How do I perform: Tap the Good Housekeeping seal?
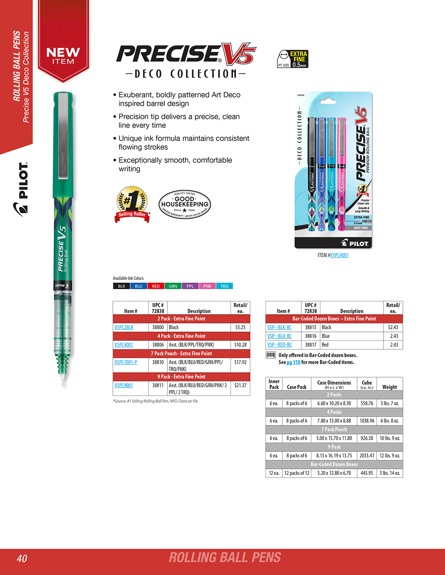[x=185, y=204]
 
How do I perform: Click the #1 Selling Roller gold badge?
[x=133, y=204]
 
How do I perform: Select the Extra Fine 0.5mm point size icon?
[x=293, y=59]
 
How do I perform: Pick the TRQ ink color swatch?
[x=225, y=286]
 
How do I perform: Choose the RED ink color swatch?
[x=156, y=286]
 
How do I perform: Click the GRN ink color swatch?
[x=173, y=286]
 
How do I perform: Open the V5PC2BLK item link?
[x=124, y=327]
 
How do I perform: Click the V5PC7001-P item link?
[x=126, y=362]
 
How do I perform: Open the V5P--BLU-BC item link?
[x=279, y=336]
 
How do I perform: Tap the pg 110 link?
[x=293, y=362]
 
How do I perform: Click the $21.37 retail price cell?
[x=240, y=385]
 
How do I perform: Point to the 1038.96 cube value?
[x=367, y=421]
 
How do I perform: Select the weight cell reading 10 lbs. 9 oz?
[x=390, y=438]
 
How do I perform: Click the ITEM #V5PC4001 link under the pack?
[x=339, y=255]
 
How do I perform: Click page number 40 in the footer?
[x=22, y=558]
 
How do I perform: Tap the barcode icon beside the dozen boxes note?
[x=271, y=355]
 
